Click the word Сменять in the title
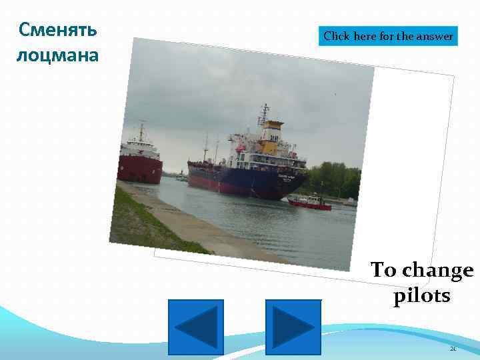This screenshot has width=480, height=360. tap(58, 30)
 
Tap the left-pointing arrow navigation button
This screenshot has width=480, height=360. tap(195, 327)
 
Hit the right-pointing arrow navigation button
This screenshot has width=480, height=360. tap(293, 327)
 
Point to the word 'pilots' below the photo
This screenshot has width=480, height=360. tap(421, 295)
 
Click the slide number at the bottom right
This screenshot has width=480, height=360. tap(453, 348)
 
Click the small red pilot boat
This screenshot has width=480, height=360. tap(311, 203)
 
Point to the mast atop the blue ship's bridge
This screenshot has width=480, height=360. tap(265, 113)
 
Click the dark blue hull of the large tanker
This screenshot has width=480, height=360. tap(240, 181)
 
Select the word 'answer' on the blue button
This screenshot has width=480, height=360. tap(435, 37)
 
